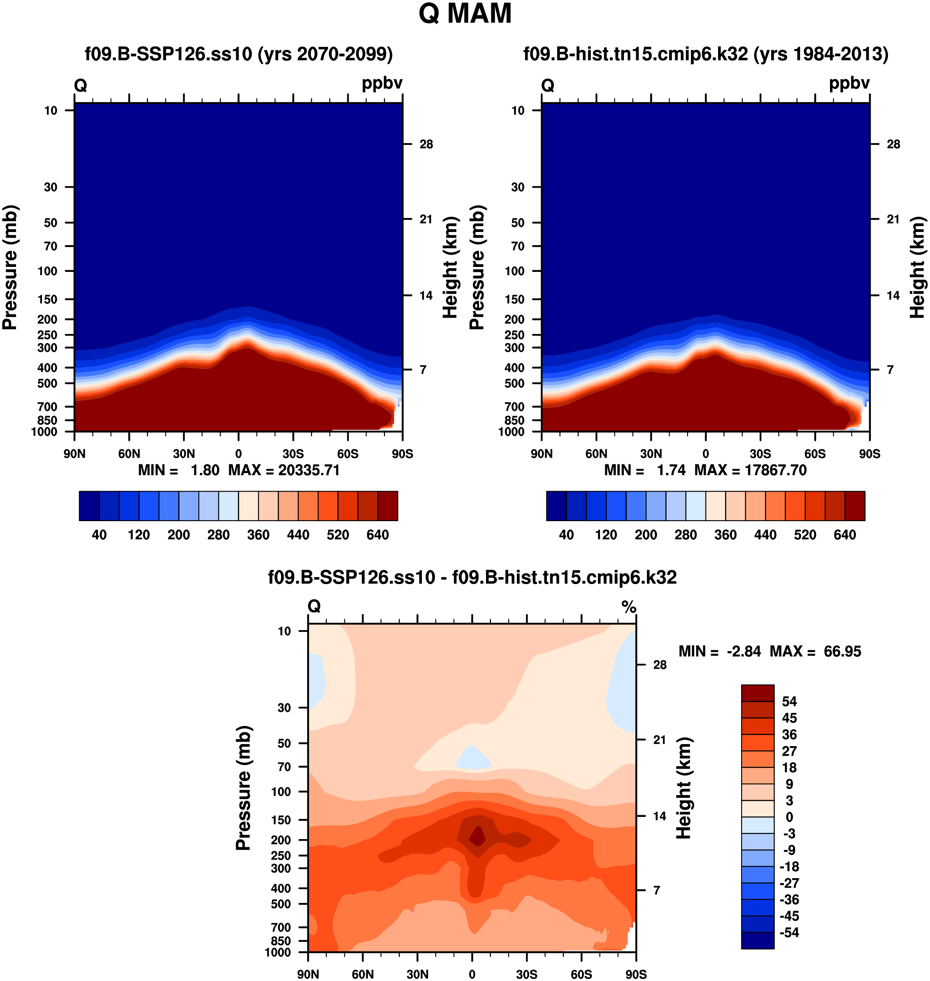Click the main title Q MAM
(x=465, y=14)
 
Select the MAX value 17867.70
(x=775, y=470)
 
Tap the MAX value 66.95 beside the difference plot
(x=842, y=651)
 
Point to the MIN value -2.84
(x=744, y=651)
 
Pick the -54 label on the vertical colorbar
(x=789, y=932)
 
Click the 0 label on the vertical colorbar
(x=789, y=816)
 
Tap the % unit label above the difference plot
(x=629, y=606)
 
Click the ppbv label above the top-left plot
(x=382, y=83)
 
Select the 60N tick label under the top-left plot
(x=129, y=454)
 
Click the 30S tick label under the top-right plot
(x=760, y=454)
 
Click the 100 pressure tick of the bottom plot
(x=281, y=791)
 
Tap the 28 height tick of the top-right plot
(x=893, y=144)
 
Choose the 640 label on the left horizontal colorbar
(x=378, y=535)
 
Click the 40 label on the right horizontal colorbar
(x=566, y=535)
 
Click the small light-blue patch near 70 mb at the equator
(x=473, y=758)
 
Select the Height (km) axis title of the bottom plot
(x=684, y=788)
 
